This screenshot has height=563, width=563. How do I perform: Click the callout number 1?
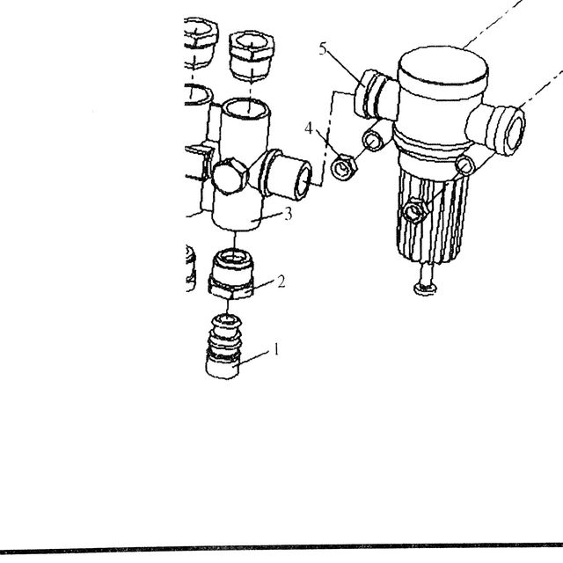point(276,348)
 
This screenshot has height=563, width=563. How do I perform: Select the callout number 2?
point(281,281)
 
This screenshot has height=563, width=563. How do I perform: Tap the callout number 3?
point(288,214)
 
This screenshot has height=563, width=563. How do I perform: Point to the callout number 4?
point(309,128)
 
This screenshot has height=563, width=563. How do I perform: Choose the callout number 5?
point(323,48)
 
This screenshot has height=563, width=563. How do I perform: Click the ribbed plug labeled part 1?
point(223,347)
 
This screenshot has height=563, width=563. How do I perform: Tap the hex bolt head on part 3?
point(230,176)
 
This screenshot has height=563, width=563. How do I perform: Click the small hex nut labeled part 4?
point(344,168)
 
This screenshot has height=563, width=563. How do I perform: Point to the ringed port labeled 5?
point(367,94)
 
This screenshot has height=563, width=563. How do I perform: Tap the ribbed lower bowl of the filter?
point(433,215)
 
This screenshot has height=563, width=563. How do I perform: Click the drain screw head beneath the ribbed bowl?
point(426,288)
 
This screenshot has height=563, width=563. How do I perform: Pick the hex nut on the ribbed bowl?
point(416,211)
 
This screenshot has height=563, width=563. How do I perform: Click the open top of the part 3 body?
point(245,109)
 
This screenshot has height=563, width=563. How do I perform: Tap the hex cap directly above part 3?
point(252,55)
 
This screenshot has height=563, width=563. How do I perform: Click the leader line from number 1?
point(253,357)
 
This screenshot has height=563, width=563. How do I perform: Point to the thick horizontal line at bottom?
point(281,549)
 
